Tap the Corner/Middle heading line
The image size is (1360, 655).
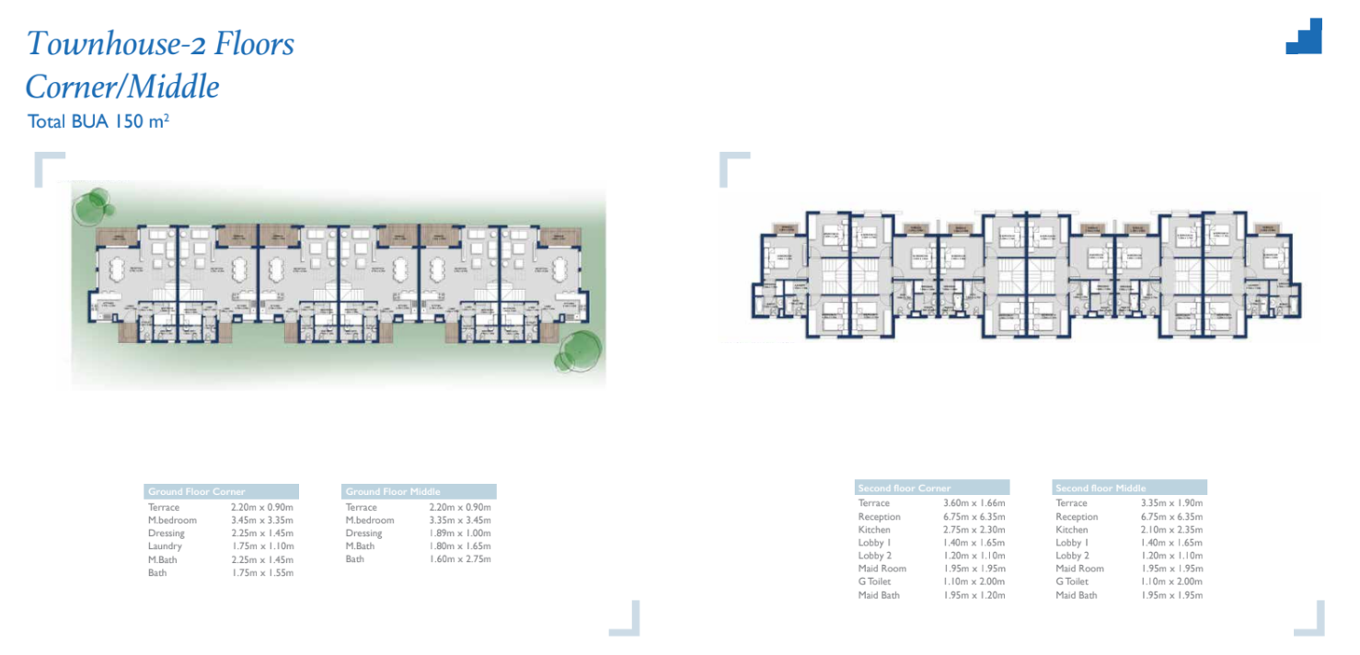click(122, 87)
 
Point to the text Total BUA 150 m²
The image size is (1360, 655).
click(98, 121)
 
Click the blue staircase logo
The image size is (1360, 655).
click(1304, 38)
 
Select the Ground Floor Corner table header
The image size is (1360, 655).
click(221, 492)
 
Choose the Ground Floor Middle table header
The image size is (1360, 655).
click(419, 492)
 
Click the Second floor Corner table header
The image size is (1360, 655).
click(931, 488)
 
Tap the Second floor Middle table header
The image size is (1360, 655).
click(1129, 488)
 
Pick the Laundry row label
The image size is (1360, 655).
click(165, 546)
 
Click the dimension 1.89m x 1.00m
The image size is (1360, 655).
click(460, 534)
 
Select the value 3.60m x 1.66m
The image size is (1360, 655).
click(974, 503)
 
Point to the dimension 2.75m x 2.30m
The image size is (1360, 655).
click(974, 530)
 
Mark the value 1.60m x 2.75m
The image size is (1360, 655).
click(460, 559)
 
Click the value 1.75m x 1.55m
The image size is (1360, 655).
click(262, 573)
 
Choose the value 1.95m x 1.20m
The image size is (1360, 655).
click(974, 595)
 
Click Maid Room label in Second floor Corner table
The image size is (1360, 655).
click(882, 569)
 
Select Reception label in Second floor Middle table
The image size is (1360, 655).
click(1077, 517)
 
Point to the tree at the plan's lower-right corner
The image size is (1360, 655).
click(580, 350)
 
